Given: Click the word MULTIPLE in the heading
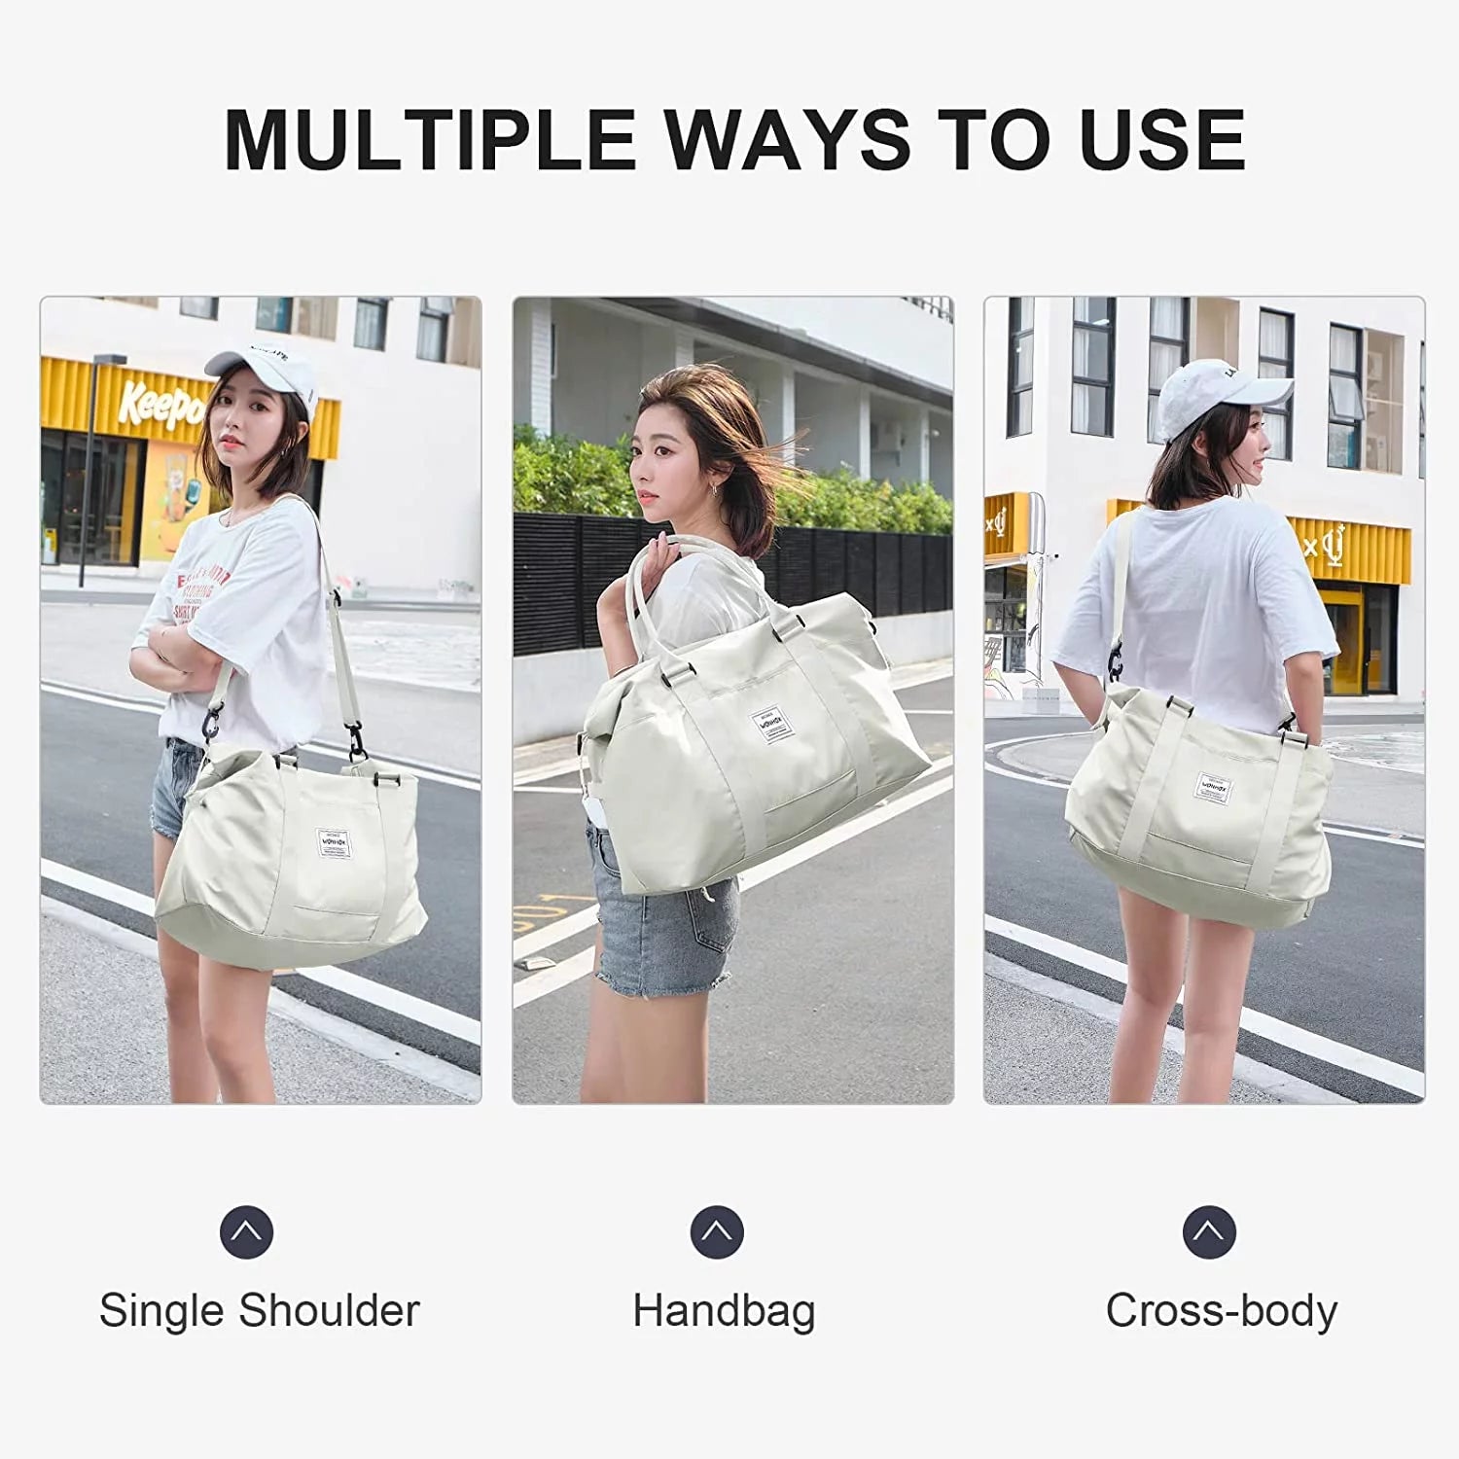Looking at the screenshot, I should point(428,139).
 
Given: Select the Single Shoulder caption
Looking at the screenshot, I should point(259,1310).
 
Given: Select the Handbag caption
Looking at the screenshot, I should point(724,1310).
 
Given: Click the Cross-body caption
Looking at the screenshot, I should point(1221,1310).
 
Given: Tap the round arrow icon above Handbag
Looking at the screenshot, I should point(717,1231).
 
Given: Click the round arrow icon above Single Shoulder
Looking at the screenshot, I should point(246,1231).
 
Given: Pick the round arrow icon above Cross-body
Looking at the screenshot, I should point(1209,1231).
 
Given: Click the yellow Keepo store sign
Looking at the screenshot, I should point(160,404).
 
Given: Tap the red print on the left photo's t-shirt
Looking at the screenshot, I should point(199,593).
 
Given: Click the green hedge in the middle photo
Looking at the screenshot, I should point(574,477).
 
